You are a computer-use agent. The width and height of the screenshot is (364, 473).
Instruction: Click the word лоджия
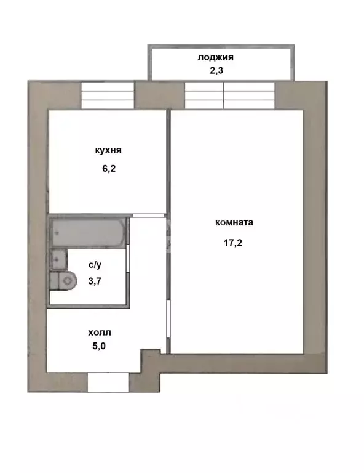[x=216, y=58]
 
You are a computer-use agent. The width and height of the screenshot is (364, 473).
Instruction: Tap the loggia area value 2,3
[x=216, y=71]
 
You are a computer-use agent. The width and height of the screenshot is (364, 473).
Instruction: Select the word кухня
[x=108, y=150]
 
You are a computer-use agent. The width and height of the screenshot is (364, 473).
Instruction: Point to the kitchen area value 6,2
[x=109, y=168]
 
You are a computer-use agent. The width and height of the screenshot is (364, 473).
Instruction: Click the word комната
[x=234, y=222]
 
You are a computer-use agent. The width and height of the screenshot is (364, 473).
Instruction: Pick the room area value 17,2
[x=233, y=243]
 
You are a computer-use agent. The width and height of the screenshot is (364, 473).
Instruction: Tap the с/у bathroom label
[x=95, y=265]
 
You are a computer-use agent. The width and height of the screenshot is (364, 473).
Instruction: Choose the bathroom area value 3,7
[x=95, y=281]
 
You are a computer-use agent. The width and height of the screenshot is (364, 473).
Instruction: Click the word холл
[x=100, y=333]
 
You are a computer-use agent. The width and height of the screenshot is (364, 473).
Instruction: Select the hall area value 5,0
[x=99, y=346]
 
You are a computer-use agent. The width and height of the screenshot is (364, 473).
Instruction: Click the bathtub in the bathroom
[x=88, y=233]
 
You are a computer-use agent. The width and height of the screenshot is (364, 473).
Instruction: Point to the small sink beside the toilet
[x=58, y=259]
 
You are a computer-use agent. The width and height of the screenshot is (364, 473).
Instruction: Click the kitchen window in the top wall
[x=108, y=95]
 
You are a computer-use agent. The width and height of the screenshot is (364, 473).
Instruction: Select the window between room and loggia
[x=230, y=95]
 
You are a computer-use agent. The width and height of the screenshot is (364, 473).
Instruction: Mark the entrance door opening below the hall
[x=108, y=382]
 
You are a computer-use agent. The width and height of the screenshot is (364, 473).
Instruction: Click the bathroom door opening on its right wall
[x=129, y=259]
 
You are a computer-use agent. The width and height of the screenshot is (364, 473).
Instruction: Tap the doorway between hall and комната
[x=168, y=317]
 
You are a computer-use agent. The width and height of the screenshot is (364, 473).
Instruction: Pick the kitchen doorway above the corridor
[x=148, y=216]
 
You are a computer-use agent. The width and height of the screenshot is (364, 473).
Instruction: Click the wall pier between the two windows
[x=159, y=95]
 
